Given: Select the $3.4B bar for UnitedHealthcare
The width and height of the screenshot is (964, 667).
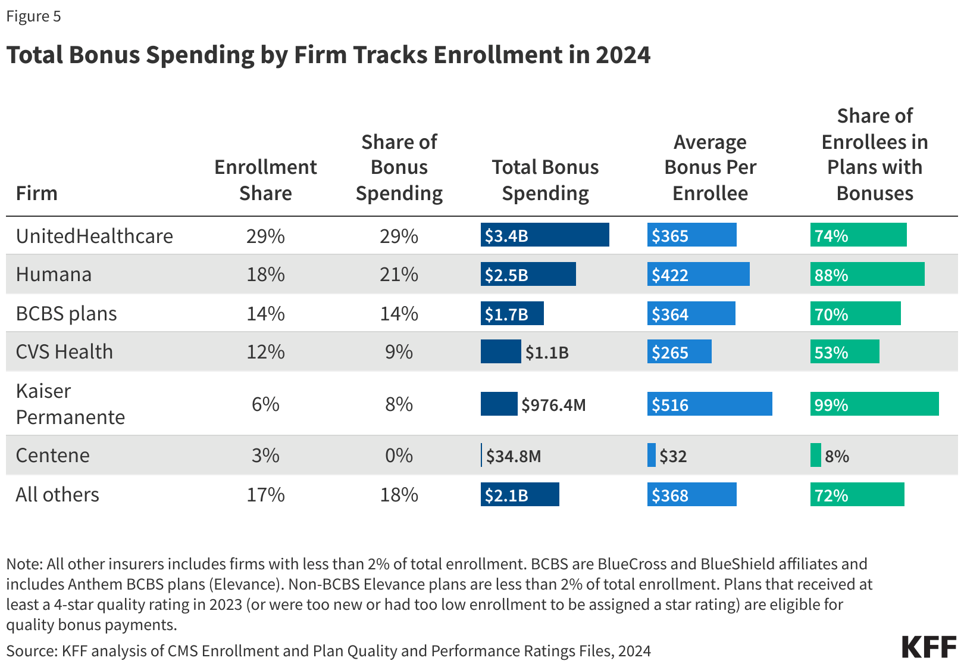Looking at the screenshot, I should [x=544, y=235].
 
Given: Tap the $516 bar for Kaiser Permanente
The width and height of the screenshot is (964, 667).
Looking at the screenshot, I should [x=709, y=404].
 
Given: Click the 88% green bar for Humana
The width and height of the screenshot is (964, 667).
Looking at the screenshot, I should [x=867, y=275].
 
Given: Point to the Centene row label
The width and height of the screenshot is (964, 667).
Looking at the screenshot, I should [x=52, y=456].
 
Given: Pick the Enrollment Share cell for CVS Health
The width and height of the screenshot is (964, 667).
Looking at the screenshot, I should [x=265, y=352].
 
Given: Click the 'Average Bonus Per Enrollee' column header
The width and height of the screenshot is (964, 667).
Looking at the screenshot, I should [x=710, y=168].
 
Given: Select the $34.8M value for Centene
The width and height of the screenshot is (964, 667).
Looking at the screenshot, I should [x=514, y=456].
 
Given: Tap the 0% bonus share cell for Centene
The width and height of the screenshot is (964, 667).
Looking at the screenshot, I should [x=399, y=456].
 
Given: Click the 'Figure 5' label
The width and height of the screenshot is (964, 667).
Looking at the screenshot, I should [x=33, y=16].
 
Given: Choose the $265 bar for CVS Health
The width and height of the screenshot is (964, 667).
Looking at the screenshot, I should [x=679, y=352].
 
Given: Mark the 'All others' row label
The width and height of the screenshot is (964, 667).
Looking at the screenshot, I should [x=57, y=495].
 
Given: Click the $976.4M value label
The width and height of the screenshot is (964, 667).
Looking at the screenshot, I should [x=553, y=406].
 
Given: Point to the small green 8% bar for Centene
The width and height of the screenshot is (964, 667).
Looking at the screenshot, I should [x=815, y=456].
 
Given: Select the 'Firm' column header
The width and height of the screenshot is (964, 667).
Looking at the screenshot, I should [x=36, y=194].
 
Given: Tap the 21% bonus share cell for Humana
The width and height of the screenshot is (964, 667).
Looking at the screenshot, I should [x=399, y=275].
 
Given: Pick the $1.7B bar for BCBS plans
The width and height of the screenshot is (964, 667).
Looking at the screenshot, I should [x=512, y=314].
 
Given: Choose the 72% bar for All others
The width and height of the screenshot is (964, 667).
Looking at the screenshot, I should [x=857, y=495].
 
